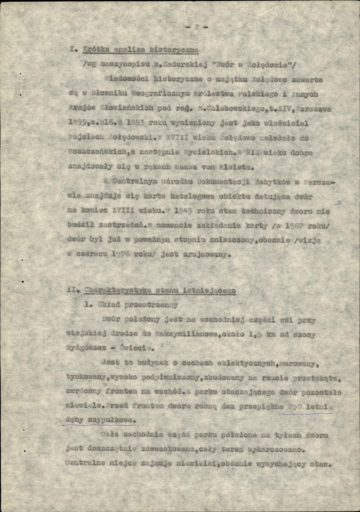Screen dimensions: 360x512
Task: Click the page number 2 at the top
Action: coord(196,27)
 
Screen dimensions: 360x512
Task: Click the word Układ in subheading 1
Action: coord(105,306)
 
